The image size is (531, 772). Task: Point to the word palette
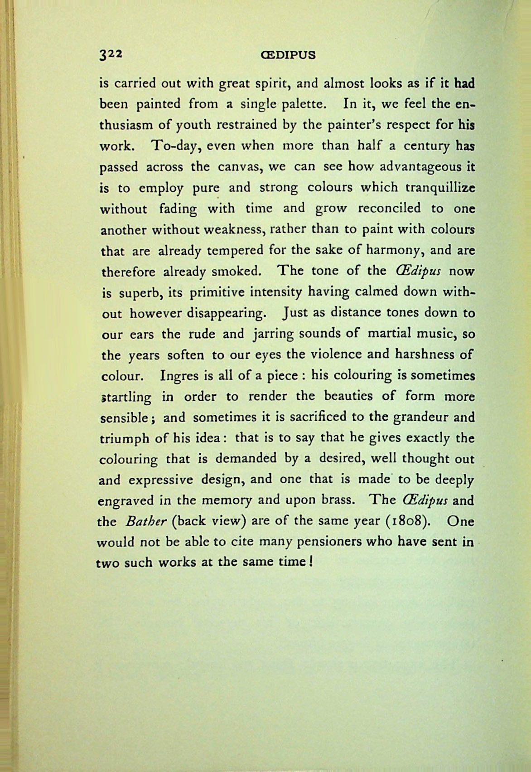(x=303, y=104)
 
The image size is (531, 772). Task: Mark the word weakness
(x=233, y=229)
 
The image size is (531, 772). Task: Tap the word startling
(x=126, y=397)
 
